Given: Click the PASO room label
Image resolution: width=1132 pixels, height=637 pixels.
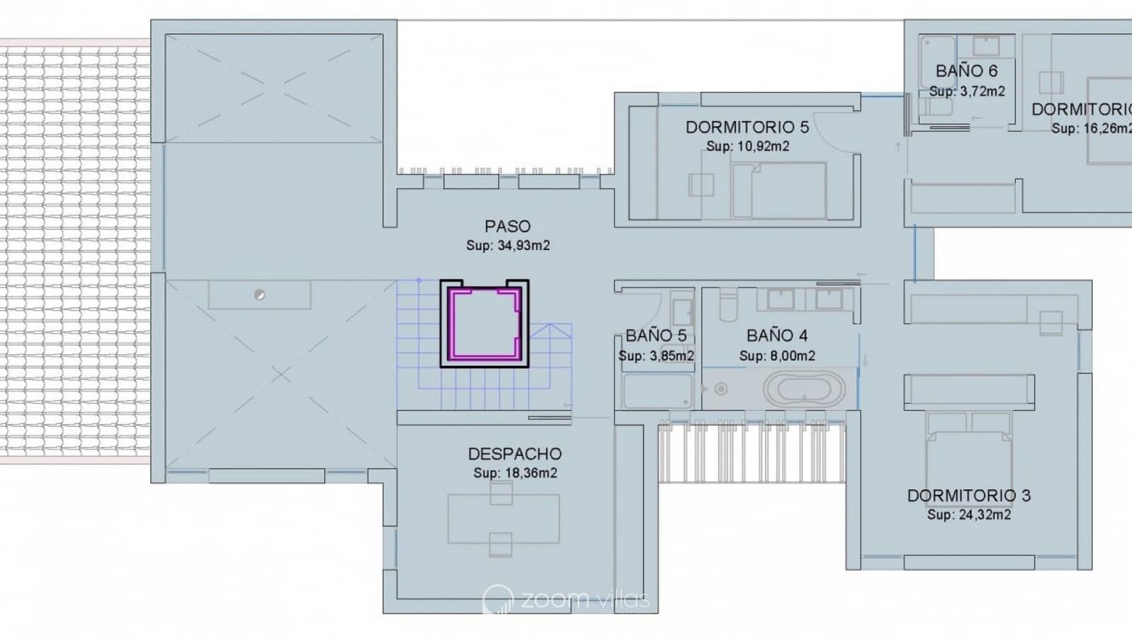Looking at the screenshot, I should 507,226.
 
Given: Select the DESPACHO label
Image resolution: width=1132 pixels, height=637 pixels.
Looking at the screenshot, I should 514,454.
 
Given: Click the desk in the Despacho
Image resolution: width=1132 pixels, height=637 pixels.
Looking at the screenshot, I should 503,519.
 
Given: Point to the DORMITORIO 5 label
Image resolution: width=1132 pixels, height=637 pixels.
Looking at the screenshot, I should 746,127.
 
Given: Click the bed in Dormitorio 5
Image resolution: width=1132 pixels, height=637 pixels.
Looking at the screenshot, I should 779,190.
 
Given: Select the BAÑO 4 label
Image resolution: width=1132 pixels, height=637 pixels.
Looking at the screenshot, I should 777,335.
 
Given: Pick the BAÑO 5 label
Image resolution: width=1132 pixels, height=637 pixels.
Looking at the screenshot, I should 656,335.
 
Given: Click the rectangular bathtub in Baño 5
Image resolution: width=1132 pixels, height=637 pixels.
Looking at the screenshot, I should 657,391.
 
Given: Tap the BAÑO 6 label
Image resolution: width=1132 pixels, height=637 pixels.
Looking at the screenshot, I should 966,71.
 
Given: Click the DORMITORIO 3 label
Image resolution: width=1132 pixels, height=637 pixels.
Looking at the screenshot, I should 969,495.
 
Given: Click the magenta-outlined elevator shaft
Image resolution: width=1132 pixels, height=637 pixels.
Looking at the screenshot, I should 485,323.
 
